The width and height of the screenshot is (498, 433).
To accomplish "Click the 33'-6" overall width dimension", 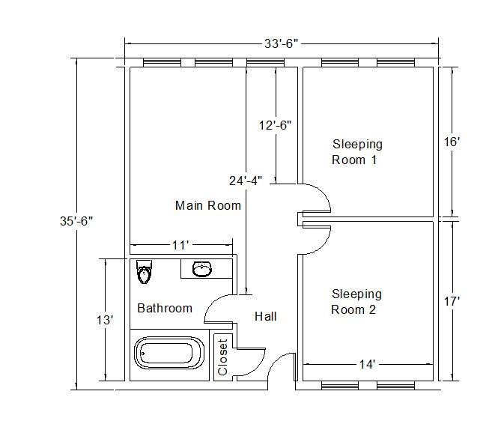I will click(x=281, y=43).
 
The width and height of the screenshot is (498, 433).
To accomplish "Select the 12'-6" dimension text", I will click(x=274, y=125).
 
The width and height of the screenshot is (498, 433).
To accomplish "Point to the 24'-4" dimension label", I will click(x=246, y=180).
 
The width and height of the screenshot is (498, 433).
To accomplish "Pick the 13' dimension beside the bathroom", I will click(x=106, y=320).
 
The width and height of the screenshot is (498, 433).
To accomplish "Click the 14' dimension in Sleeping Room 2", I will click(x=367, y=365).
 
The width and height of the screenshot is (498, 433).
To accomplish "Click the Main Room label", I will click(x=208, y=205).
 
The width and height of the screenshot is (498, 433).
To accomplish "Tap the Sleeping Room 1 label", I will click(x=356, y=152).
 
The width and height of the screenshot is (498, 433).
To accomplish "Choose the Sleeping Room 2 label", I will click(x=356, y=302).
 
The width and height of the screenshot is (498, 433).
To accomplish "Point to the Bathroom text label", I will click(x=164, y=308).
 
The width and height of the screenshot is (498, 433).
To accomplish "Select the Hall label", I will click(x=265, y=317).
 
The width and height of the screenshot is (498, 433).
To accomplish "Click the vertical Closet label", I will click(x=222, y=357).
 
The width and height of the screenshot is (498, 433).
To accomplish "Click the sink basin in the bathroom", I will click(x=201, y=269).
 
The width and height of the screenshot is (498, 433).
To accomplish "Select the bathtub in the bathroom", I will click(x=169, y=353).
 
